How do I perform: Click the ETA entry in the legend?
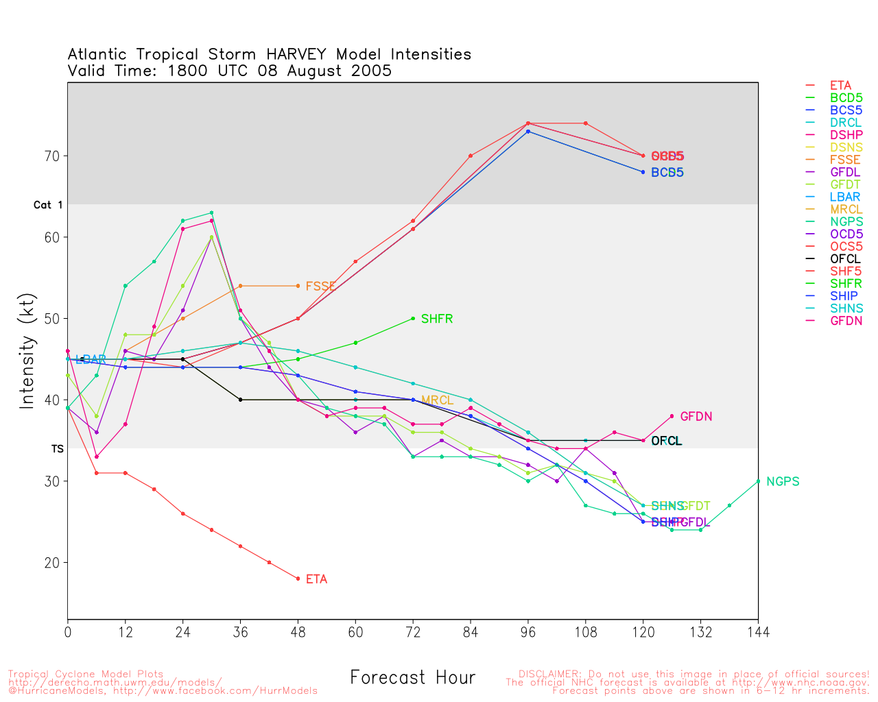840,86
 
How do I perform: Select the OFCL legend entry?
844,259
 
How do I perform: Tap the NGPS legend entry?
846,222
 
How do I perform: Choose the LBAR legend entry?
844,197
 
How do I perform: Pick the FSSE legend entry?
844,160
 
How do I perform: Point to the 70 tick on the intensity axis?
52,156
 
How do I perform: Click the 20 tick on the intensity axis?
52,563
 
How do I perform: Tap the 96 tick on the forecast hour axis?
528,631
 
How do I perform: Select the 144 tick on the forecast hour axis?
758,631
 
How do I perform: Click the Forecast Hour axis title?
412,678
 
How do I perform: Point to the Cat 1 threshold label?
48,205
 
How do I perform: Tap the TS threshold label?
57,449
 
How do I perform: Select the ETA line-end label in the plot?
316,579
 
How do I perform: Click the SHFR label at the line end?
436,319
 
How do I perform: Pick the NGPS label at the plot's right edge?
783,482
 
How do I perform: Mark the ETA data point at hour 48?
298,579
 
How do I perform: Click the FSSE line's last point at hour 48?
298,286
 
